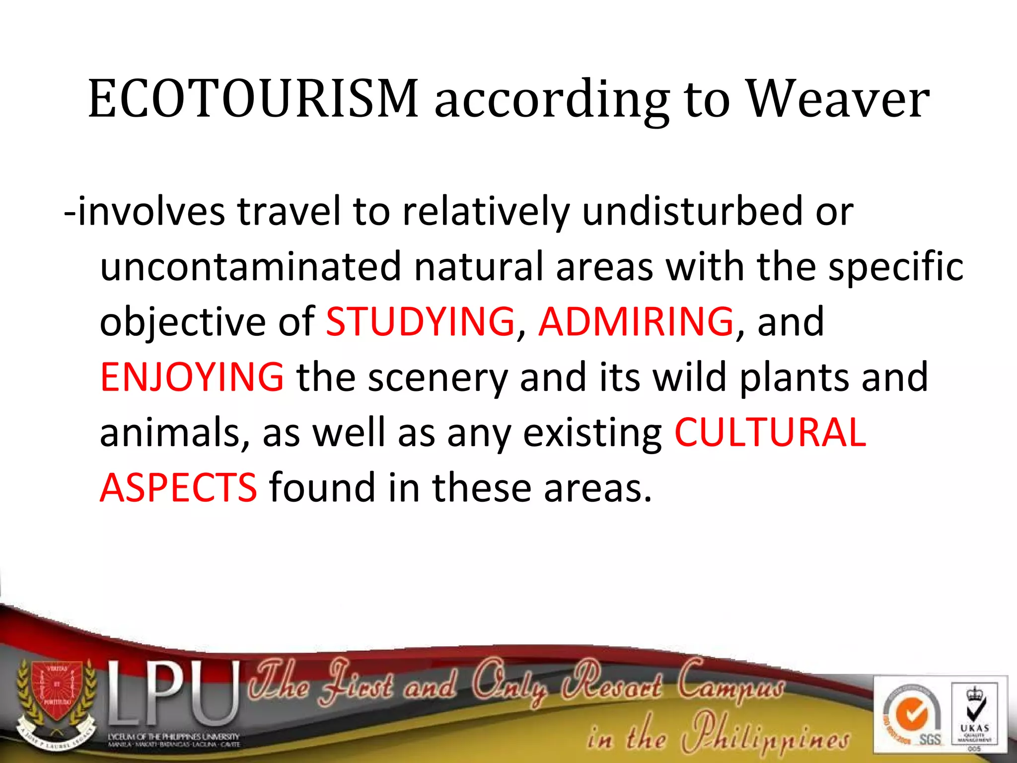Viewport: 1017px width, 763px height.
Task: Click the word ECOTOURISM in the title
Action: (253, 99)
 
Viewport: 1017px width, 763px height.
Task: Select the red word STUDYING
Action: (420, 321)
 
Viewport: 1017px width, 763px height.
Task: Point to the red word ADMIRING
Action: (636, 321)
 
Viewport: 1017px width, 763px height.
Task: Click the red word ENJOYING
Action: (192, 377)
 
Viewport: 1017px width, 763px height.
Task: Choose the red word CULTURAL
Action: (770, 432)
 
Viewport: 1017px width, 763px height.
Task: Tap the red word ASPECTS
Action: (178, 487)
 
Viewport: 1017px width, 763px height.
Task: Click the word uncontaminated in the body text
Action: (251, 267)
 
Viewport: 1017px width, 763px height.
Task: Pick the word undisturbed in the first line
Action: (692, 211)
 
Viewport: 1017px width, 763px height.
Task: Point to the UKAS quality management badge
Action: (974, 715)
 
